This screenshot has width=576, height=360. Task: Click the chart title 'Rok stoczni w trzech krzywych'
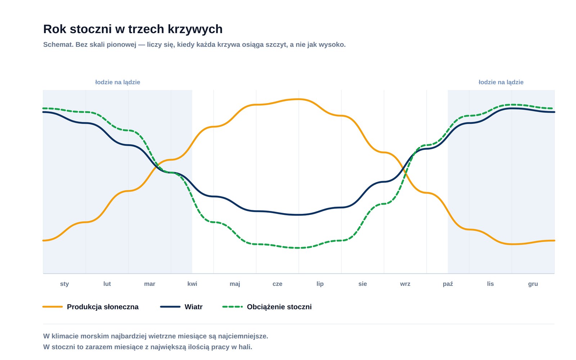(x=133, y=29)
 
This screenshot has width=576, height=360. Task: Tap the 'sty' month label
(x=64, y=284)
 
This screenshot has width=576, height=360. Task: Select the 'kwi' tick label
(x=192, y=284)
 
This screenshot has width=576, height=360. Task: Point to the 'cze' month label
(x=277, y=284)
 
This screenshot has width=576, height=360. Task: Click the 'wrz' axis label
(x=405, y=284)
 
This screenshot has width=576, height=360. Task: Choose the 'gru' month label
(x=533, y=284)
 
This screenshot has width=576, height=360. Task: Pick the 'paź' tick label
(x=448, y=284)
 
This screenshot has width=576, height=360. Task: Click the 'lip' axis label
(x=320, y=284)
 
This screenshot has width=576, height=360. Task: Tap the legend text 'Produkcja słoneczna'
(x=103, y=307)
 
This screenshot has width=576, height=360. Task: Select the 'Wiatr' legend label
(x=193, y=307)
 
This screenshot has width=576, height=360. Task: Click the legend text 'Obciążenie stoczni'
(x=279, y=307)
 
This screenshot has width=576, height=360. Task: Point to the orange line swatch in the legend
(x=53, y=307)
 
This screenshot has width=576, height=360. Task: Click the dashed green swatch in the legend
(x=233, y=307)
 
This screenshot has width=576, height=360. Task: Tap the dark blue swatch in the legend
(x=170, y=307)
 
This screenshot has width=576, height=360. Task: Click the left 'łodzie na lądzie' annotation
(x=117, y=82)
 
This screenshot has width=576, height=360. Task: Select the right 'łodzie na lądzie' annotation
(x=501, y=82)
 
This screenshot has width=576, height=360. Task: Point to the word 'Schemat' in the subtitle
(x=58, y=45)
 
